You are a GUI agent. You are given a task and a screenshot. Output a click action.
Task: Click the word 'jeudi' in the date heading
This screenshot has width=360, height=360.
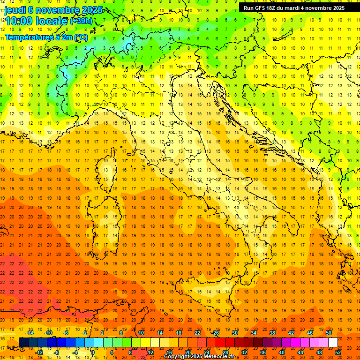[x=15, y=10]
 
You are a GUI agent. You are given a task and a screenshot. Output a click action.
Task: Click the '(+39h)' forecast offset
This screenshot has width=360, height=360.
[x=81, y=21]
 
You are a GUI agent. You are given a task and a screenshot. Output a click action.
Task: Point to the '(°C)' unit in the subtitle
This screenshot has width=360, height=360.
[x=80, y=37]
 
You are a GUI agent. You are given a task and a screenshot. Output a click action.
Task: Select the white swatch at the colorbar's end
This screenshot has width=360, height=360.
[x=333, y=343]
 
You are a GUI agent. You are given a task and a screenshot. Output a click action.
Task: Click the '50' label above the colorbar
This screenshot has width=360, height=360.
[x=328, y=333]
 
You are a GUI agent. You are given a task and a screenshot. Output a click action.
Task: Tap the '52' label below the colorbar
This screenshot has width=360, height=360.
[x=338, y=352]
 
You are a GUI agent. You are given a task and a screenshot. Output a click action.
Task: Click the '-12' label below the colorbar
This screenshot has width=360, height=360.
[x=39, y=352]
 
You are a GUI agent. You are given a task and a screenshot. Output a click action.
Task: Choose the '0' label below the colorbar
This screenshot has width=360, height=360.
[x=93, y=352]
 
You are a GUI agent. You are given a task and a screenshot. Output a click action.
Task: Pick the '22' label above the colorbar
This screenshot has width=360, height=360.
[x=197, y=333]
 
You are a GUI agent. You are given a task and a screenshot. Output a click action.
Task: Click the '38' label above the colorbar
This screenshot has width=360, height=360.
[x=272, y=333]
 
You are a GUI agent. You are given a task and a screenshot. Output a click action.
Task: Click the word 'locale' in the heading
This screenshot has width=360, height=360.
[x=53, y=21]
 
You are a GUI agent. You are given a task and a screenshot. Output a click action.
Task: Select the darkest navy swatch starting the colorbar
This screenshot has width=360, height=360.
[x=23, y=343]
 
